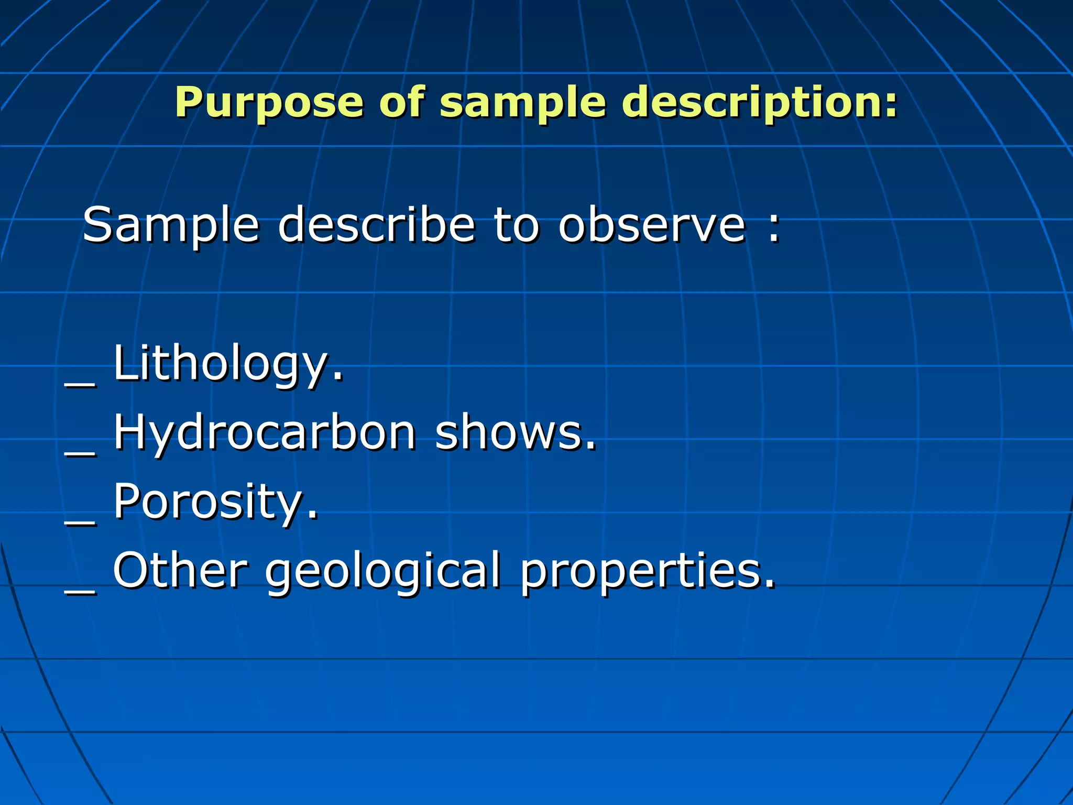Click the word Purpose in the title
(x=269, y=102)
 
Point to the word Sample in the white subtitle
(x=171, y=226)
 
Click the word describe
(x=376, y=225)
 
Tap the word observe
(x=651, y=225)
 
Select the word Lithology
(x=228, y=364)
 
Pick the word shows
(x=515, y=433)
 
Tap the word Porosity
(x=215, y=503)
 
